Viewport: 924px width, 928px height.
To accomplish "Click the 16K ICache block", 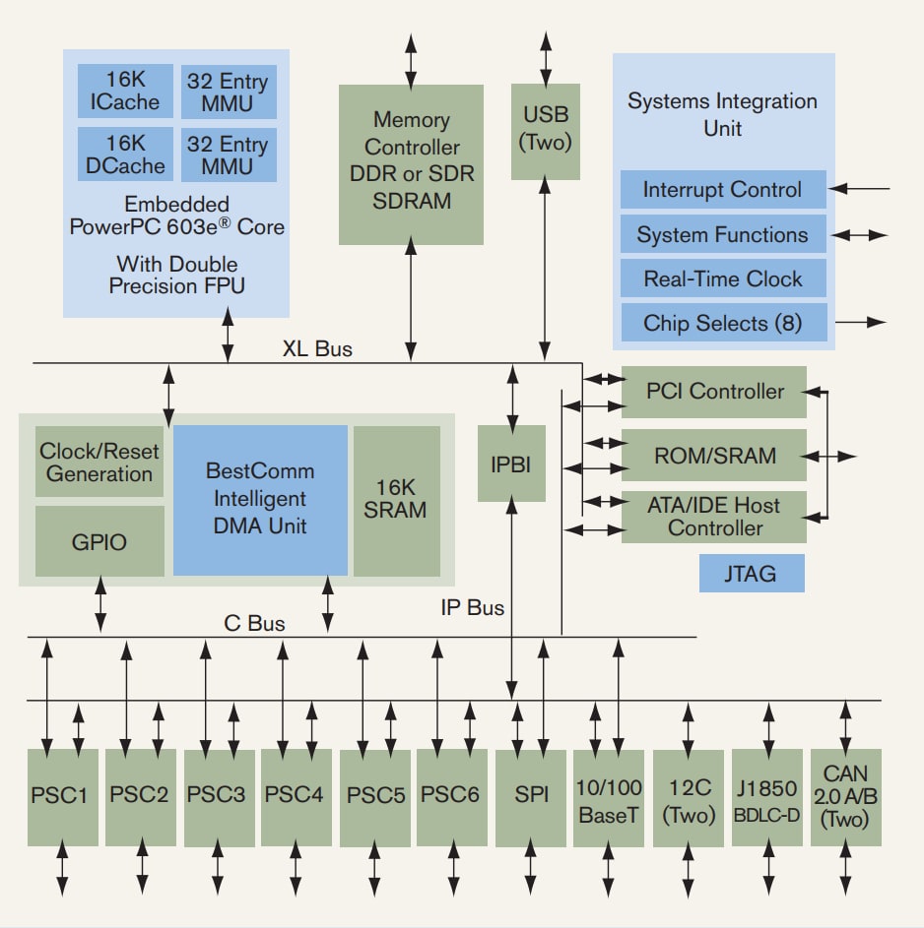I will pyautogui.click(x=125, y=93).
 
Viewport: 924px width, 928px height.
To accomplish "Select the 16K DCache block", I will pyautogui.click(x=125, y=154).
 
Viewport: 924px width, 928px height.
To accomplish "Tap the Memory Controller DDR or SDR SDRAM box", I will pyautogui.click(x=411, y=163).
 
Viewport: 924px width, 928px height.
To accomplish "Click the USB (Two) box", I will pyautogui.click(x=545, y=131).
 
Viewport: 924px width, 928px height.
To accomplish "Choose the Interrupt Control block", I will pyautogui.click(x=722, y=190).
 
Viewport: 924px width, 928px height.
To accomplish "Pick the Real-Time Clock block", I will pyautogui.click(x=722, y=278).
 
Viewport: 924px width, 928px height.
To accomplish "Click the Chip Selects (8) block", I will pyautogui.click(x=722, y=323).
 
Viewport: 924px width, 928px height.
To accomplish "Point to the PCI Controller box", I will pyautogui.click(x=714, y=392).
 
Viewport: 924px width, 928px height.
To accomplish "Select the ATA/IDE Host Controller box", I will pyautogui.click(x=714, y=517).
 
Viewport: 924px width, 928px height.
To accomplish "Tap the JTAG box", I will pyautogui.click(x=751, y=574).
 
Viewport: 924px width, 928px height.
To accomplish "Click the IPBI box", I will pyautogui.click(x=511, y=463).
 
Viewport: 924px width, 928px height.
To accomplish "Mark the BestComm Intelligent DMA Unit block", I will pyautogui.click(x=260, y=499).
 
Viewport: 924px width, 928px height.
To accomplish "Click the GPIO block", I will pyautogui.click(x=99, y=541).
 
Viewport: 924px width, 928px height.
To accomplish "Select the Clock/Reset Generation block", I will pyautogui.click(x=99, y=463).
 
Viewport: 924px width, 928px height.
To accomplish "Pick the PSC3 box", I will pyautogui.click(x=217, y=795).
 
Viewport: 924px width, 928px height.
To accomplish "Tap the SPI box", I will pyautogui.click(x=531, y=795).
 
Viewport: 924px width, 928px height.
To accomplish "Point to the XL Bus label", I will pyautogui.click(x=317, y=348).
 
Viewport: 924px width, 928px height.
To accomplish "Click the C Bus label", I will pyautogui.click(x=254, y=623).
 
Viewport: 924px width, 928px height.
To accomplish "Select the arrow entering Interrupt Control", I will pyautogui.click(x=861, y=189).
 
